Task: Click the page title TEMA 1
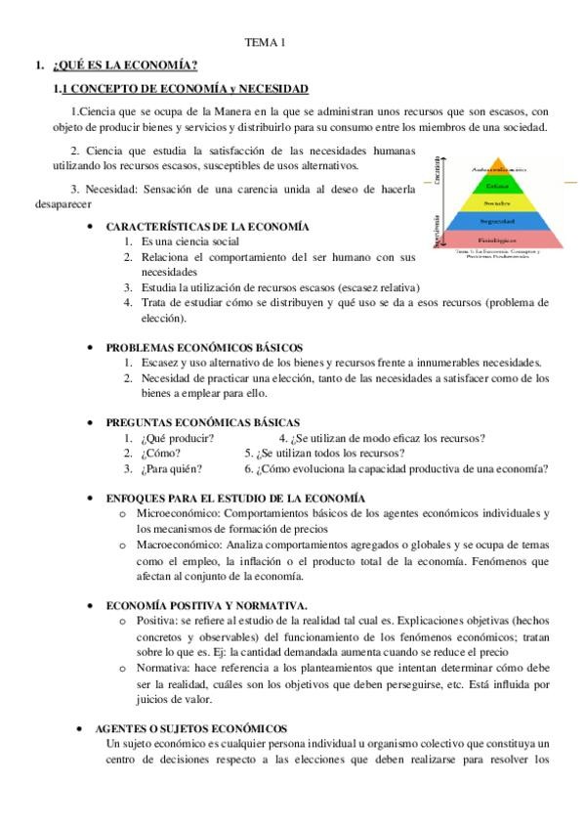click(x=265, y=43)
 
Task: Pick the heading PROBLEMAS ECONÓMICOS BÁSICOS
click(x=204, y=347)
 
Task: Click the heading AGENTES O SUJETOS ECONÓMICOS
click(x=190, y=728)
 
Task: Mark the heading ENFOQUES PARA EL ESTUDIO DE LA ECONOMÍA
click(x=234, y=499)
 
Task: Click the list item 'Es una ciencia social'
click(x=189, y=241)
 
